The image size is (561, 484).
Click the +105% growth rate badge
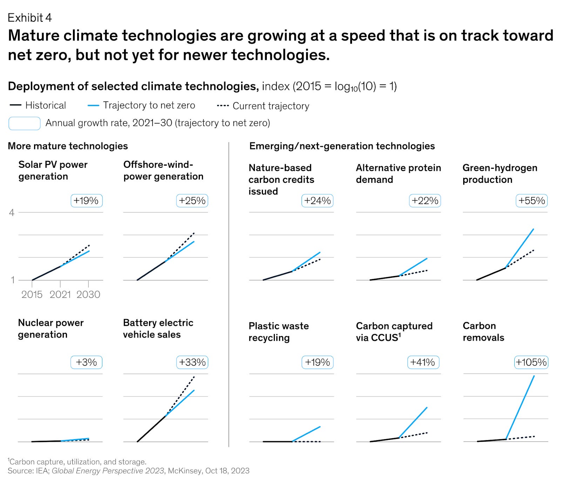coord(531,362)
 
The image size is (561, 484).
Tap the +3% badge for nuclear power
coord(86,362)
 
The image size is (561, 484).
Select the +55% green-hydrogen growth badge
coord(532,201)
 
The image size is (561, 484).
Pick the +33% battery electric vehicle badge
coord(192,362)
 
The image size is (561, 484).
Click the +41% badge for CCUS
coord(423,362)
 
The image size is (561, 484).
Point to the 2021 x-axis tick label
coord(60,295)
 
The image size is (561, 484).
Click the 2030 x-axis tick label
coord(88,295)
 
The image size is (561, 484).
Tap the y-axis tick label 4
coord(12,213)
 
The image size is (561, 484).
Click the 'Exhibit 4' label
coord(30,18)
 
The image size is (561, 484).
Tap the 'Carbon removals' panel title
coord(483,331)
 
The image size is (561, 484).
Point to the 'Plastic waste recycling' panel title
coord(278,331)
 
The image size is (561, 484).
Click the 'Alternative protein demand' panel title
coord(398,173)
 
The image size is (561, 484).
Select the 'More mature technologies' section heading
coord(68,146)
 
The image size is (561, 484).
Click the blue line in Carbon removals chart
coord(520,407)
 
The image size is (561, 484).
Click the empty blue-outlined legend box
coord(25,123)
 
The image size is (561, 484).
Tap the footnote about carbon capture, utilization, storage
coord(77,462)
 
